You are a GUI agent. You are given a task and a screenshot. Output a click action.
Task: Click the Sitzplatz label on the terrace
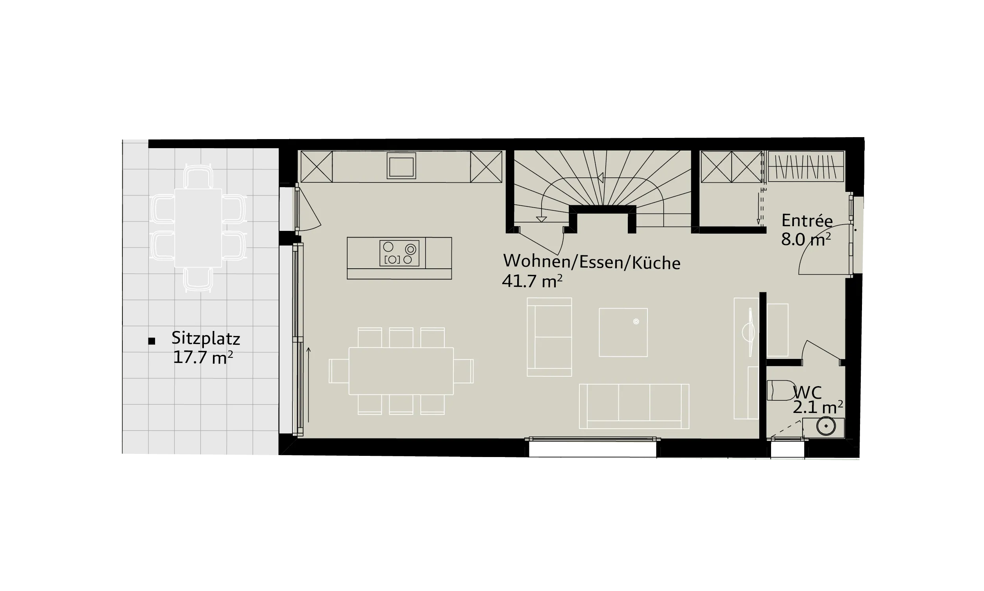pyautogui.click(x=205, y=338)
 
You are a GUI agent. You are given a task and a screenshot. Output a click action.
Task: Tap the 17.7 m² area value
pyautogui.click(x=203, y=357)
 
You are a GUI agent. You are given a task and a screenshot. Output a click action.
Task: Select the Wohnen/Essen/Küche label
pyautogui.click(x=592, y=262)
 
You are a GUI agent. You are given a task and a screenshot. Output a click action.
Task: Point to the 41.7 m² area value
pyautogui.click(x=532, y=281)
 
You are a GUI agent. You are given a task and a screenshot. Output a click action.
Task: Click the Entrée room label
pyautogui.click(x=807, y=220)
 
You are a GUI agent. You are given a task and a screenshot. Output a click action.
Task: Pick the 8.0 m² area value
pyautogui.click(x=806, y=239)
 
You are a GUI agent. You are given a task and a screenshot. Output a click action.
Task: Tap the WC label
pyautogui.click(x=807, y=393)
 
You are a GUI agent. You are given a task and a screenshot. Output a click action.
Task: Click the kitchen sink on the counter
pyautogui.click(x=401, y=165)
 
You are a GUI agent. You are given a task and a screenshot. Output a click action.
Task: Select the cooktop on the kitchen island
pyautogui.click(x=400, y=253)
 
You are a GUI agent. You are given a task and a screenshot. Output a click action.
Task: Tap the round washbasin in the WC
pyautogui.click(x=826, y=426)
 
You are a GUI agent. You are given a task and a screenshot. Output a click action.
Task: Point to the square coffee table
pyautogui.click(x=623, y=333)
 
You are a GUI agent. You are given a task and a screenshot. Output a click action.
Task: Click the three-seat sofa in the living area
pyautogui.click(x=634, y=406)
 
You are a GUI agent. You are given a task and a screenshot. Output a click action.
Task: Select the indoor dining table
pyautogui.click(x=401, y=371)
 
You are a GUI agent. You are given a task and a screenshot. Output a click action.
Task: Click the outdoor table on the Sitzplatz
pyautogui.click(x=198, y=228)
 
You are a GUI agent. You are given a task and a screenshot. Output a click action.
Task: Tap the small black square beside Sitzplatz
pyautogui.click(x=152, y=341)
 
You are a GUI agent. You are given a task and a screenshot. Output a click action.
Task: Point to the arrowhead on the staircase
pyautogui.click(x=601, y=178)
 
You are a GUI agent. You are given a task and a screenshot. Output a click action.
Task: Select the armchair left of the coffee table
pyautogui.click(x=549, y=337)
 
